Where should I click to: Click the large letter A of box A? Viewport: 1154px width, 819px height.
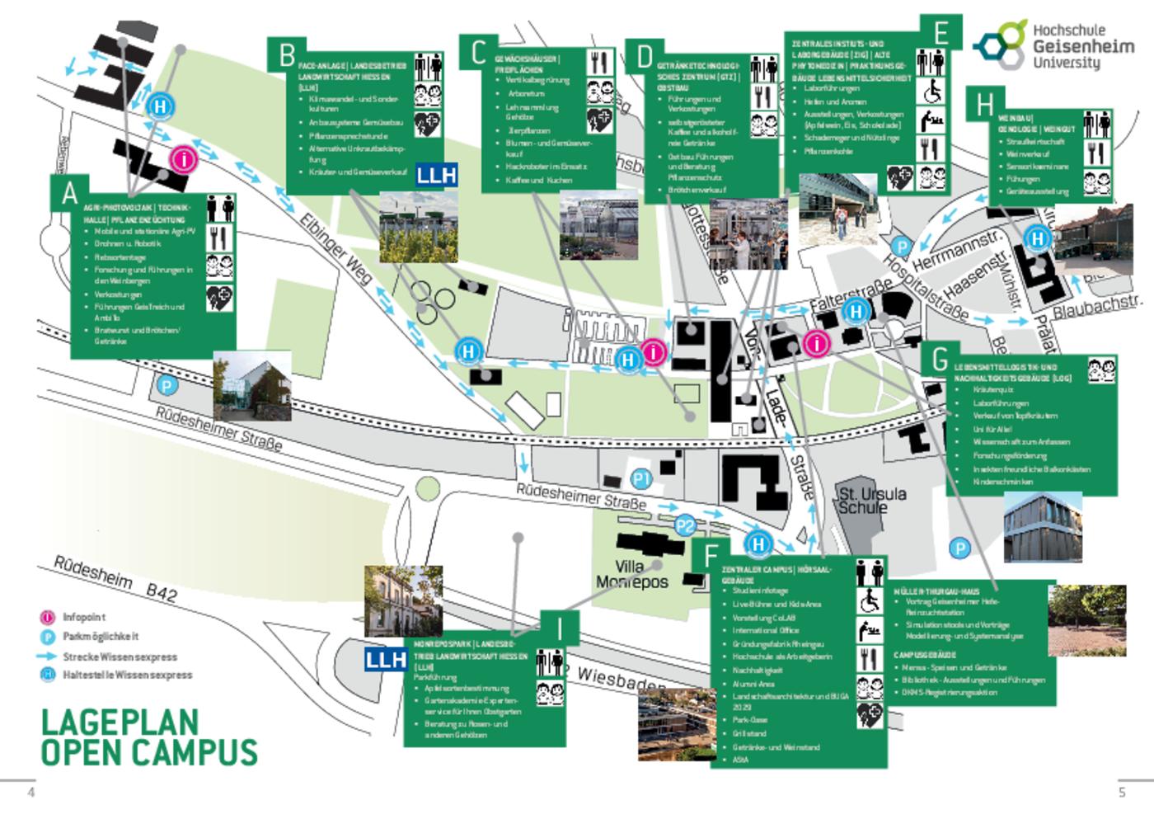coord(69,194)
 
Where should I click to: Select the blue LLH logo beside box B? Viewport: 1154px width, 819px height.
coord(436,175)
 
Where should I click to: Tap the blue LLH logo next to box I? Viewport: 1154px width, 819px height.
coord(387,659)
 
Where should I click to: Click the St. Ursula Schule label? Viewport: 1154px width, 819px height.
coord(872,500)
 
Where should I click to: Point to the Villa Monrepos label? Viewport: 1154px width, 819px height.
coord(632,574)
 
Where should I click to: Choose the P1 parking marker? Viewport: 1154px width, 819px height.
coord(641,478)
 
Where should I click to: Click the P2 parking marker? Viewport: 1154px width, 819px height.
coord(685,525)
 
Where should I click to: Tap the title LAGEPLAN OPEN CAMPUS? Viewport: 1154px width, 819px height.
coord(148,737)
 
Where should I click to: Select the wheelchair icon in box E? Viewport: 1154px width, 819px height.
coord(931,91)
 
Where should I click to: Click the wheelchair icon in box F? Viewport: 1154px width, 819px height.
coord(870,601)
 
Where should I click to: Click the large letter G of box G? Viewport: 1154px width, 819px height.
coord(941,360)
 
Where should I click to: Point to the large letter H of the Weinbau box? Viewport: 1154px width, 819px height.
coord(985,105)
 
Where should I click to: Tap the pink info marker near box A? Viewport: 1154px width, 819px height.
coord(184,159)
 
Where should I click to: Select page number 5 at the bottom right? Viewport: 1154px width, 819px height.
coord(1122,792)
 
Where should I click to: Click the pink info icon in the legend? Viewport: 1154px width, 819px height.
coord(47,616)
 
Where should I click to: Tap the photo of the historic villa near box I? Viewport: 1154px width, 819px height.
coord(404,600)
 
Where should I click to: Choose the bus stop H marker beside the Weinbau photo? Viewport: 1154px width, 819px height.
coord(1037,239)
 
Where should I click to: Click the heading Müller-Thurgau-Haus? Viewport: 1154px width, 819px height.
coord(936,591)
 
